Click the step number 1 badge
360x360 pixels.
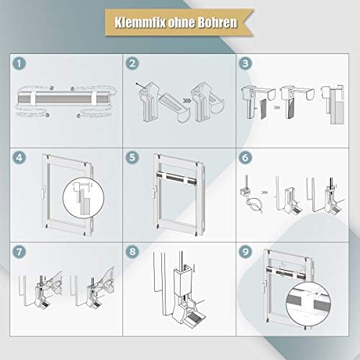19,63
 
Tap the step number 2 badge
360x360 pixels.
132,63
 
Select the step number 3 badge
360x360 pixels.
246,63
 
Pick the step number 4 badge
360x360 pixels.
19,158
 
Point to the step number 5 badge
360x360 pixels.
132,158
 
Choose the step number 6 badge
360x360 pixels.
246,158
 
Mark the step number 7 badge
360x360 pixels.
19,252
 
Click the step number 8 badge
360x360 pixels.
132,252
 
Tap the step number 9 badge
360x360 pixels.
246,252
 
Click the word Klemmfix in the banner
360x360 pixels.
140,22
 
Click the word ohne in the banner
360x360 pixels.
181,22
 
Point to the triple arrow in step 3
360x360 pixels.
277,108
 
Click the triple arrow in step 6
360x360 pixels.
264,192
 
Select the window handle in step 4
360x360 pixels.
43,193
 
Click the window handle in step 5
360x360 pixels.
154,192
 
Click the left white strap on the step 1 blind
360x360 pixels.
32,98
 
